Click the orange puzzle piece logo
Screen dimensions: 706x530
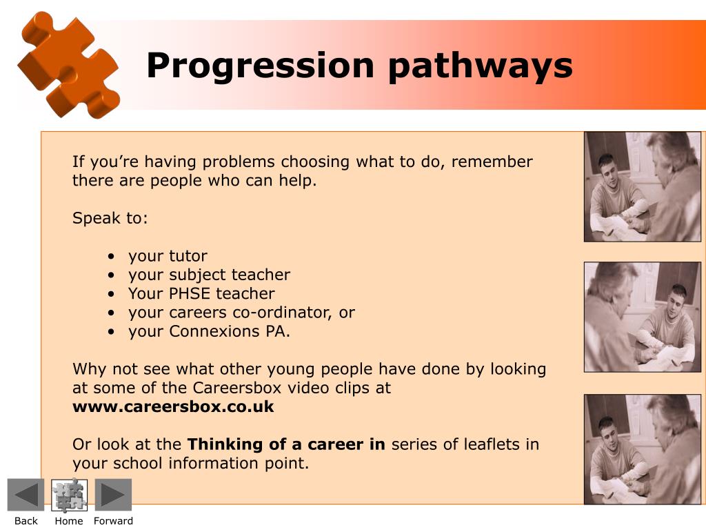pos(68,66)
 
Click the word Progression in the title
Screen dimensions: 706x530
pos(260,66)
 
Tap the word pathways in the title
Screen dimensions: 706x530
pos(481,66)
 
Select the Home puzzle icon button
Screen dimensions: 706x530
pos(70,495)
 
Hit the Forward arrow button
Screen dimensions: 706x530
pos(113,495)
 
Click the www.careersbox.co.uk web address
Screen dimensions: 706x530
pos(173,406)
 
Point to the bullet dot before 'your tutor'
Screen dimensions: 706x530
pos(111,257)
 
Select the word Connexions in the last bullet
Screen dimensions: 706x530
pos(214,331)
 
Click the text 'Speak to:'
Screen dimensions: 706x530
pos(110,218)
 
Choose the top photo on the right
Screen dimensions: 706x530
pos(643,186)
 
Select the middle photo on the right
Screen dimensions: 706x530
pos(643,317)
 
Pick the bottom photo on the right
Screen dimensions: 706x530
pos(643,449)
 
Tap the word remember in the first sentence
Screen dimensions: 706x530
pos(492,161)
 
